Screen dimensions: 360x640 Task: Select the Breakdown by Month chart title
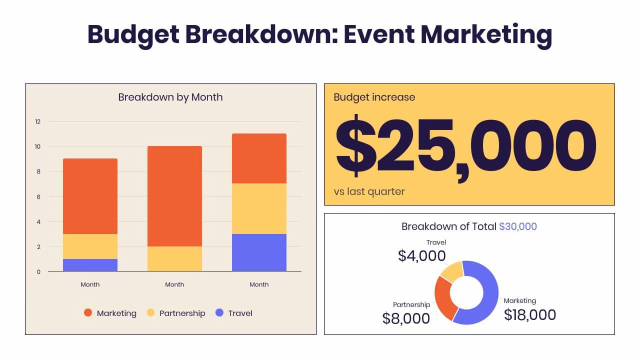click(170, 97)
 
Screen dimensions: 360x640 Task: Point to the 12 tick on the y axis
click(37, 121)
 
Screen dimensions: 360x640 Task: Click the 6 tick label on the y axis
click(37, 196)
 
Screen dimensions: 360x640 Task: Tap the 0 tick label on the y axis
click(37, 272)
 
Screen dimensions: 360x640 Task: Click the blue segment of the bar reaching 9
click(90, 265)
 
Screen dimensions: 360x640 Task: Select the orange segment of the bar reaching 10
click(174, 196)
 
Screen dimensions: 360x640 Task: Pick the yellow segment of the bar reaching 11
click(259, 208)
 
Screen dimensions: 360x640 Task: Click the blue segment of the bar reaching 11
click(259, 252)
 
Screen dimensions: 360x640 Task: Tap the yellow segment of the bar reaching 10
click(174, 258)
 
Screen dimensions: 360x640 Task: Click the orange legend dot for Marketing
click(88, 313)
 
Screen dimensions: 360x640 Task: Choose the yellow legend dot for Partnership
click(150, 313)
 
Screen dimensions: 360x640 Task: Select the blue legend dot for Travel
click(219, 313)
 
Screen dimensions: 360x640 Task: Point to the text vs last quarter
click(369, 191)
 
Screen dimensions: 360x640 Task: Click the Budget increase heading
click(374, 97)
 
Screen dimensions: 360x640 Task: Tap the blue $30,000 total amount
click(518, 226)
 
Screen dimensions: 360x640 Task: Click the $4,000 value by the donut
click(421, 255)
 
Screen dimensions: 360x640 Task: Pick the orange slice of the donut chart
click(442, 297)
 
